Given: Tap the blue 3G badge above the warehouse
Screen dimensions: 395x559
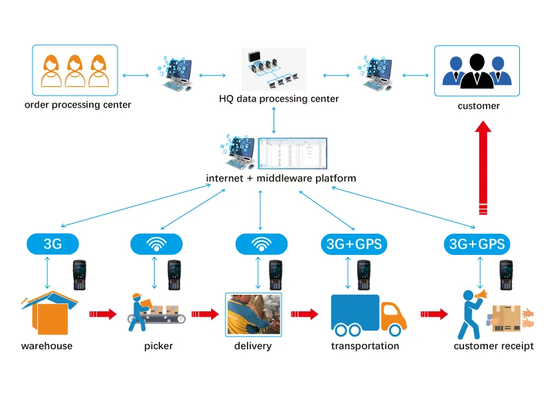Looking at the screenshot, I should pyautogui.click(x=52, y=244).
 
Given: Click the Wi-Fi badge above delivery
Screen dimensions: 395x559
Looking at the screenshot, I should pyautogui.click(x=261, y=244).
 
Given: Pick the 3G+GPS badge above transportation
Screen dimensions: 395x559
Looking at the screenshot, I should pyautogui.click(x=354, y=244).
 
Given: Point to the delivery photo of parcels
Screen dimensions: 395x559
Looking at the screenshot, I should pyautogui.click(x=254, y=314).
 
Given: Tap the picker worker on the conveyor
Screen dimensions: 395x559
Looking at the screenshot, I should pyautogui.click(x=138, y=311).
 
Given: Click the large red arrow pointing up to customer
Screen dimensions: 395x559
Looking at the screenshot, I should pyautogui.click(x=483, y=166).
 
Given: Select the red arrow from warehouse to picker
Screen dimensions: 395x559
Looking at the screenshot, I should pyautogui.click(x=102, y=313).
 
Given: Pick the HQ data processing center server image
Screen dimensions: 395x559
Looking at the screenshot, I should pyautogui.click(x=274, y=69).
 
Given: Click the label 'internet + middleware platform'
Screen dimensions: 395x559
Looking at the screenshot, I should pyautogui.click(x=281, y=178).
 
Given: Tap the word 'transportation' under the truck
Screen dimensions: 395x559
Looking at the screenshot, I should pyautogui.click(x=365, y=346).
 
